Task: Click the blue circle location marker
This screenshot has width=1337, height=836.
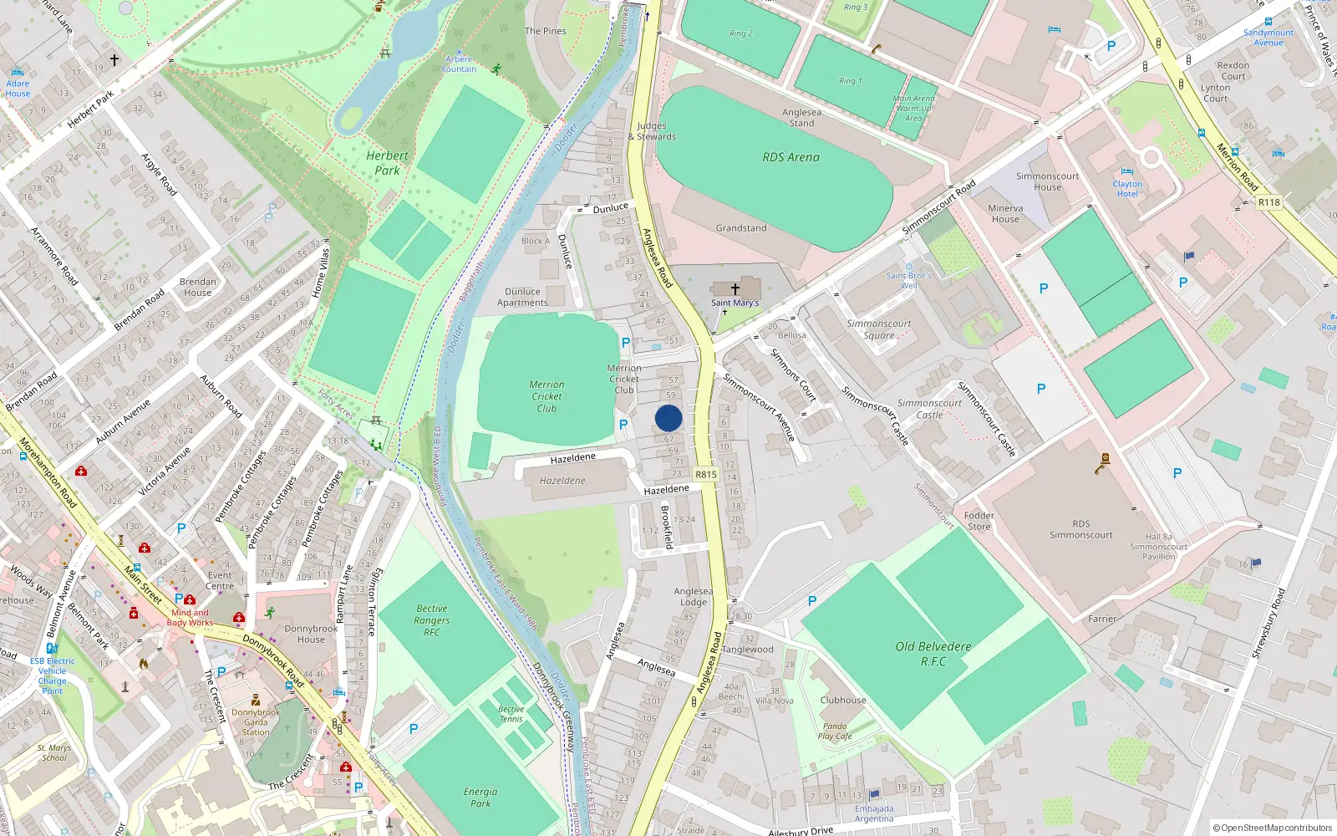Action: [668, 418]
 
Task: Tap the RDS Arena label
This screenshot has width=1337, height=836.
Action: [791, 157]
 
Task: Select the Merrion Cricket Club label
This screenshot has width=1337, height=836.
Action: [546, 396]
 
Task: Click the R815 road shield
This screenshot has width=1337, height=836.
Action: [706, 474]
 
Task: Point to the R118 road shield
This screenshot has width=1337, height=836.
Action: [1268, 202]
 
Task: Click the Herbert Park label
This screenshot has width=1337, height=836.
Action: [387, 163]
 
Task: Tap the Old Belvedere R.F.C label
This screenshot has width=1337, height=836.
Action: [933, 654]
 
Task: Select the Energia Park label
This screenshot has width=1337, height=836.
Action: [480, 798]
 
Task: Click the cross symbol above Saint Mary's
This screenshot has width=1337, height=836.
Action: [735, 288]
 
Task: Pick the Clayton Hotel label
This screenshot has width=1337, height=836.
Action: [1127, 189]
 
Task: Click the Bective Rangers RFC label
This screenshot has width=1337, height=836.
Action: [432, 620]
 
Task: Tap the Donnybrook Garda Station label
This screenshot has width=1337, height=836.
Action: [256, 722]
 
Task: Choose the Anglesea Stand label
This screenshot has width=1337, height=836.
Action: [801, 118]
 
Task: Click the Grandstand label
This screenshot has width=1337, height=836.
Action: [740, 228]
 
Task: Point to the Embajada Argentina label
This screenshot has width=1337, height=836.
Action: [874, 813]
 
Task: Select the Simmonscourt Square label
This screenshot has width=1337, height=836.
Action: [879, 329]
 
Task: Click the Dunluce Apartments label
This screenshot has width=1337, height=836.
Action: [522, 298]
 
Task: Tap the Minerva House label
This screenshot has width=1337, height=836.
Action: [1005, 214]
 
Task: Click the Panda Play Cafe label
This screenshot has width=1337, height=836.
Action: [835, 731]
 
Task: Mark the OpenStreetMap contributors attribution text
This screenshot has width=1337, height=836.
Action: [1273, 828]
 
